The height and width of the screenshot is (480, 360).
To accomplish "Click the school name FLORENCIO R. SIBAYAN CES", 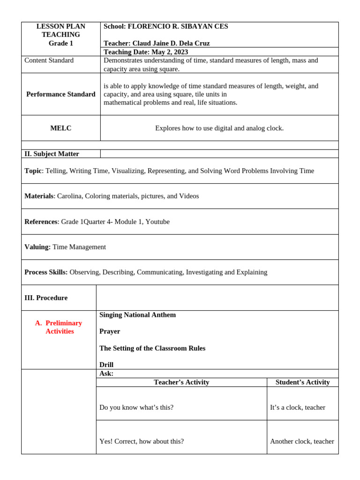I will click(178, 26).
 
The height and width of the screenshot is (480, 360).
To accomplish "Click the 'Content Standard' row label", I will click(49, 60).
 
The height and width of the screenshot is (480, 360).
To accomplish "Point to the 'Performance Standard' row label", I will click(60, 94).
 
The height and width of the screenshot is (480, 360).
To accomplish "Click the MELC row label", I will click(60, 128).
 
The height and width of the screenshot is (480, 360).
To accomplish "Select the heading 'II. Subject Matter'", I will click(52, 154).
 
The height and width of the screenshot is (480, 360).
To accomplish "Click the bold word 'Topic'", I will click(33, 171).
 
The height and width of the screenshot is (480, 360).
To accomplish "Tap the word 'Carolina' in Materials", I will click(69, 196).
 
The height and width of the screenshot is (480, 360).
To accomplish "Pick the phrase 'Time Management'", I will click(79, 247).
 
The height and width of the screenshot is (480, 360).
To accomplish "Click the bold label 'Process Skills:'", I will click(46, 272).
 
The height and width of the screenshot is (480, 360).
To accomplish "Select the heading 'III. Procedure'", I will click(46, 298).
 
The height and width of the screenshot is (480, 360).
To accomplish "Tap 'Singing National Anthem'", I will click(137, 315).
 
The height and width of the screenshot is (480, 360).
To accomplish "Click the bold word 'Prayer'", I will click(110, 331).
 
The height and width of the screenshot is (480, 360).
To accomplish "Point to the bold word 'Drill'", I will click(106, 365).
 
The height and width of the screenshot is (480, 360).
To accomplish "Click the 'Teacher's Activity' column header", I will click(181, 382).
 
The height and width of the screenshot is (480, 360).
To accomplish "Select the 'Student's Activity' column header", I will click(302, 382).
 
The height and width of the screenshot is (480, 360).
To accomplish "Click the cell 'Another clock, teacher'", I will click(302, 441).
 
